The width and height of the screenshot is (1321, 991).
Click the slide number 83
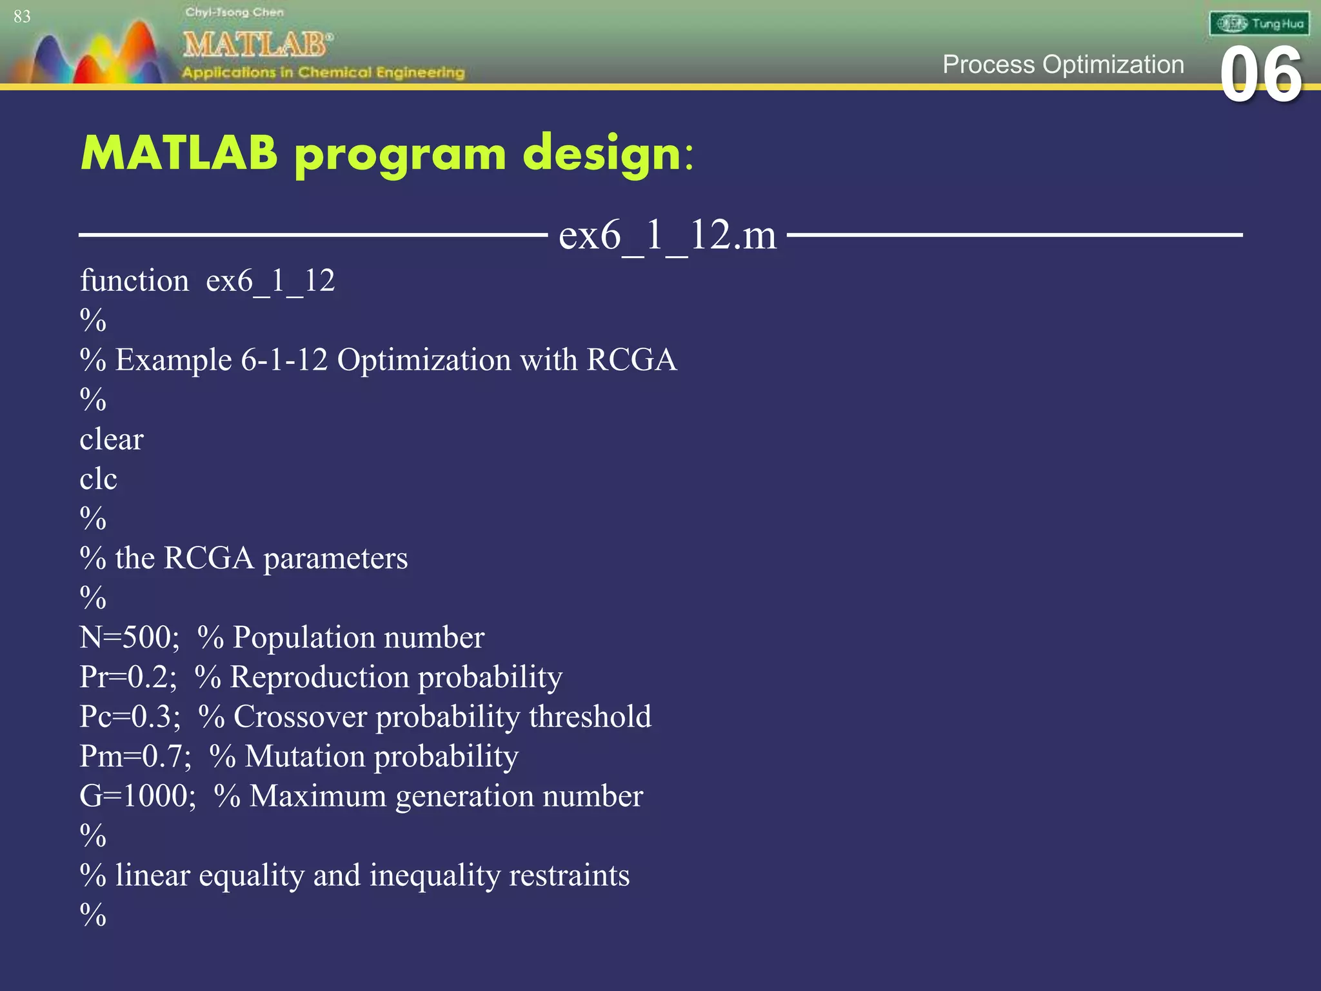pos(22,17)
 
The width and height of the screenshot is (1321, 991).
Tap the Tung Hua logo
pos(1259,24)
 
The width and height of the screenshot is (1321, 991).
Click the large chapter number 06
pos(1261,75)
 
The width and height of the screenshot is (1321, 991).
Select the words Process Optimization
pos(1063,65)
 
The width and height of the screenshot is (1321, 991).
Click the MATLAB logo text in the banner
pos(256,45)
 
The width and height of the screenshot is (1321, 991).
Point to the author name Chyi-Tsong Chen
pos(234,12)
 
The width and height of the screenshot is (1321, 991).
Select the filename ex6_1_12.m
pos(667,235)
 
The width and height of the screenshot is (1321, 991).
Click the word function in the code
pos(134,281)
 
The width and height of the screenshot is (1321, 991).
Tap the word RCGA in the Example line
pos(631,360)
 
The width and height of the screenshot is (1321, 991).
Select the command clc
pos(98,479)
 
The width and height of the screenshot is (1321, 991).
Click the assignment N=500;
pos(130,637)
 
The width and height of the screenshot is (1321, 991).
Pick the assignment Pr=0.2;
pos(128,677)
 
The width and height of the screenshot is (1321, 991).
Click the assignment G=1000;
pos(137,796)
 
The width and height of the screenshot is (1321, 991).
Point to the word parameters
pos(335,559)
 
